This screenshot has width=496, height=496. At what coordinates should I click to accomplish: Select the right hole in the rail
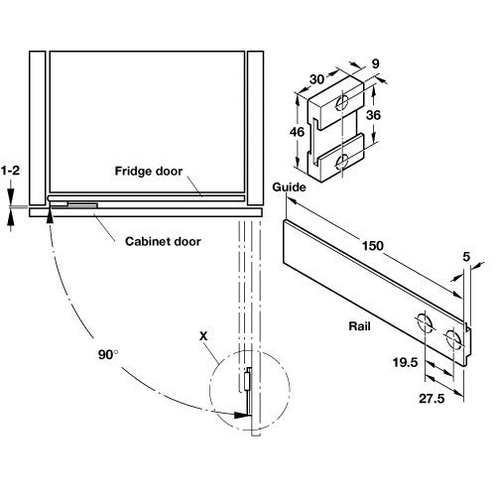coord(454,340)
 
